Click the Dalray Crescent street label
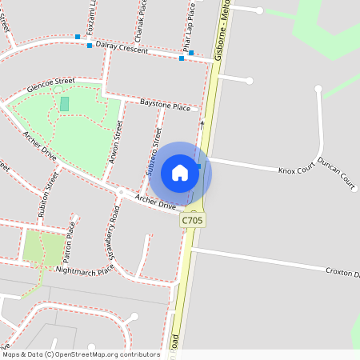tap(122, 50)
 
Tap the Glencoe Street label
tap(50, 83)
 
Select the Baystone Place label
tap(165, 106)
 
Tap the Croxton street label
tap(342, 273)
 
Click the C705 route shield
tap(192, 219)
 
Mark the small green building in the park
tap(65, 104)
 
